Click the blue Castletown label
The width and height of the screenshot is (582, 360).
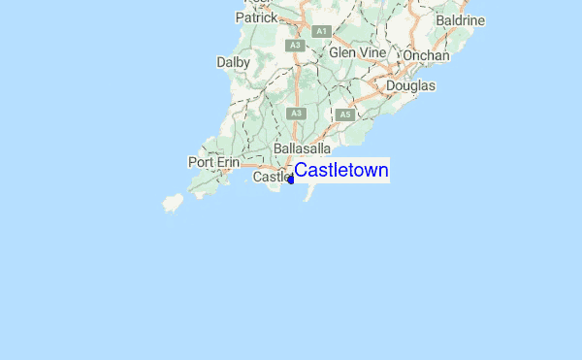pyautogui.click(x=341, y=171)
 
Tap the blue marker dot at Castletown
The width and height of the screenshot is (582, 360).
pyautogui.click(x=291, y=180)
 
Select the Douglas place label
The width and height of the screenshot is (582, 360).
pyautogui.click(x=410, y=85)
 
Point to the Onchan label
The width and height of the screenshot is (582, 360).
pyautogui.click(x=427, y=55)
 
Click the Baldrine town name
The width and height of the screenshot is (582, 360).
pyautogui.click(x=460, y=19)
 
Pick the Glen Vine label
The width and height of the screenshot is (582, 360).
pyautogui.click(x=358, y=52)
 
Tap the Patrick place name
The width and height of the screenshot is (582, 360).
pyautogui.click(x=256, y=17)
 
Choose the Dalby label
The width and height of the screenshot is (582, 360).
pyautogui.click(x=234, y=62)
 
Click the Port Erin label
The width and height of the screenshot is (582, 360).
pyautogui.click(x=213, y=162)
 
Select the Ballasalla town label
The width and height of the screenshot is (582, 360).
pyautogui.click(x=304, y=148)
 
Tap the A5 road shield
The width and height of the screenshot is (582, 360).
pyautogui.click(x=344, y=115)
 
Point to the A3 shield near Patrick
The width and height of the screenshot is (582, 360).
pyautogui.click(x=294, y=45)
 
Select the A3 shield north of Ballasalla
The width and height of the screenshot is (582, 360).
pyautogui.click(x=297, y=114)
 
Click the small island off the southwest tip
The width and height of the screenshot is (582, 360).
pyautogui.click(x=173, y=204)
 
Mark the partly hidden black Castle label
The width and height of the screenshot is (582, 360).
pyautogui.click(x=271, y=178)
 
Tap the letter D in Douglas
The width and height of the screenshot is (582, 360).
pyautogui.click(x=391, y=85)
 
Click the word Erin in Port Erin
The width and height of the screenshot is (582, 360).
pyautogui.click(x=227, y=162)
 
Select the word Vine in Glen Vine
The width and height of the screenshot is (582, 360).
pyautogui.click(x=373, y=52)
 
